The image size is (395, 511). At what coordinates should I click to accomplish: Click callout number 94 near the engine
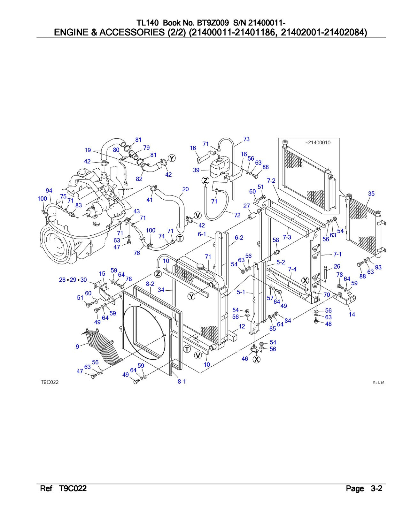tap(49, 191)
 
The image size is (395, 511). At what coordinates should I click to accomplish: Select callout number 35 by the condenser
tap(371, 194)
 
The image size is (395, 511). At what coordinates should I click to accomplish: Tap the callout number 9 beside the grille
tap(77, 347)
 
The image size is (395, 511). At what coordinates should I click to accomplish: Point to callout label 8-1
tap(182, 381)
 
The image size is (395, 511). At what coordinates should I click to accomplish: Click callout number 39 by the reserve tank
tap(196, 170)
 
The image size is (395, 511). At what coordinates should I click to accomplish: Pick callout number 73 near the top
tap(246, 139)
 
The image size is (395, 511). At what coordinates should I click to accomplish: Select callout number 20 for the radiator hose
tap(185, 189)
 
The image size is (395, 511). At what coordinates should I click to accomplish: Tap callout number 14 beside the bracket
tap(352, 314)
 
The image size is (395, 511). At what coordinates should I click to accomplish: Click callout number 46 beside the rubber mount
tap(245, 359)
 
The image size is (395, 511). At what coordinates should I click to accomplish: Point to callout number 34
tap(161, 290)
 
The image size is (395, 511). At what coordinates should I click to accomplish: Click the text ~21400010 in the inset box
tap(318, 143)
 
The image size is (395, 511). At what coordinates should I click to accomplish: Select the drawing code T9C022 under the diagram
tap(50, 382)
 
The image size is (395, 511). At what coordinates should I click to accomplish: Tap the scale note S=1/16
tap(378, 383)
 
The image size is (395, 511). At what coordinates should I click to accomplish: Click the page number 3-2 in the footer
tap(376, 489)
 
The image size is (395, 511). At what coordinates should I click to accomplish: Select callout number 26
tap(337, 266)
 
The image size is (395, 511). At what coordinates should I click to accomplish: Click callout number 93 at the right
tap(378, 267)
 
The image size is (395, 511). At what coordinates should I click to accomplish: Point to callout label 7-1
tap(337, 254)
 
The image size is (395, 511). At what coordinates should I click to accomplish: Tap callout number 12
tap(242, 326)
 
